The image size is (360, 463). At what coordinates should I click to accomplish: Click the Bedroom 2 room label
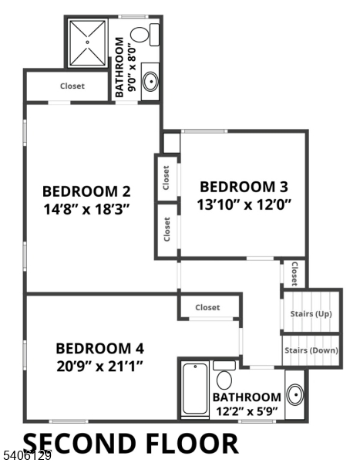coord(86,191)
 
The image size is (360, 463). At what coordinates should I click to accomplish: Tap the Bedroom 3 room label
coord(244,187)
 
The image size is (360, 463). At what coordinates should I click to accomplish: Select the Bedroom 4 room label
coord(99,347)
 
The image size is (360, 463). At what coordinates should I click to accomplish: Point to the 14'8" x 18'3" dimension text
coord(86,209)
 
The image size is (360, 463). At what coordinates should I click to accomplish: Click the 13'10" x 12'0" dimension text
coord(244,204)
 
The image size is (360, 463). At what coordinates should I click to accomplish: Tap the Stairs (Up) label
coord(311,314)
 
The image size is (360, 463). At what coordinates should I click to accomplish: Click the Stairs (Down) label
coord(311,350)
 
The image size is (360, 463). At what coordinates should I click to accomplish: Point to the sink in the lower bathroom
coord(294,394)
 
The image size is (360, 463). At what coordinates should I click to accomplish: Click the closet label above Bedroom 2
coord(72,86)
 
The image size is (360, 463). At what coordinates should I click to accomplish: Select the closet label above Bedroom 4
coord(207,307)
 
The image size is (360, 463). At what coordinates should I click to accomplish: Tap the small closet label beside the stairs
coord(294,272)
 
